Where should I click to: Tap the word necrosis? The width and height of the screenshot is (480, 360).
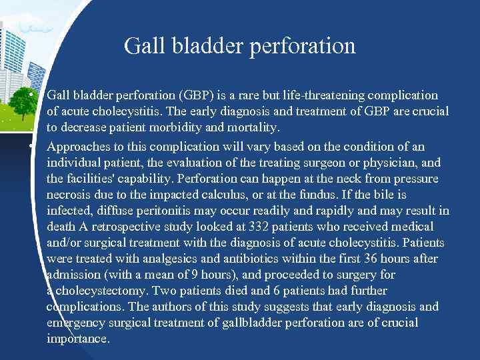coord(69,195)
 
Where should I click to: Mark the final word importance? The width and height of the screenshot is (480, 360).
coord(78,339)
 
